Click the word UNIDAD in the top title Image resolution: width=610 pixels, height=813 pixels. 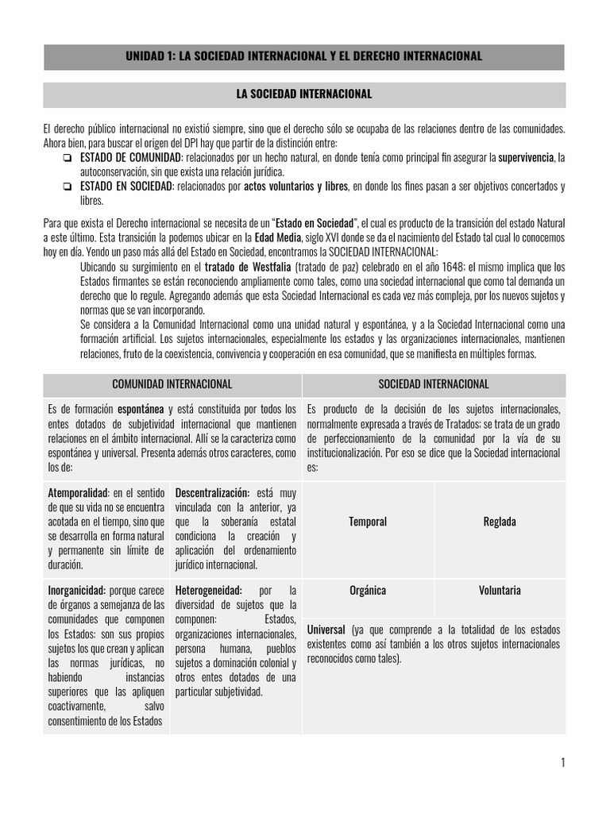(x=147, y=56)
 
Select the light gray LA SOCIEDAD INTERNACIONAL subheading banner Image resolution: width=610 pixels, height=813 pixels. (x=304, y=94)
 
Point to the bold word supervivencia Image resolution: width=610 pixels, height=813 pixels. (x=525, y=158)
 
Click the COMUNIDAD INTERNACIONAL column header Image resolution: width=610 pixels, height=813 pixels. (x=172, y=384)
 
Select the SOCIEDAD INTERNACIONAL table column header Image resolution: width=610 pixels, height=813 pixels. (x=434, y=384)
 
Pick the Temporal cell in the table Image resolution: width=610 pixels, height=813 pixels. (x=368, y=522)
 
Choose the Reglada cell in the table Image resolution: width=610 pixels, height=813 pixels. (x=500, y=522)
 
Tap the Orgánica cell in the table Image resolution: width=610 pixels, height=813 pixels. (x=368, y=591)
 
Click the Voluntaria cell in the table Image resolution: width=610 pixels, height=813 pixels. (x=500, y=591)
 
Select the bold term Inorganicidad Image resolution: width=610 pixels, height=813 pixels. (x=77, y=591)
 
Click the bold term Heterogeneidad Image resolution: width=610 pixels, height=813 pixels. (x=209, y=591)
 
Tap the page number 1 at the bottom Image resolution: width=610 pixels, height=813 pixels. (x=562, y=763)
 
